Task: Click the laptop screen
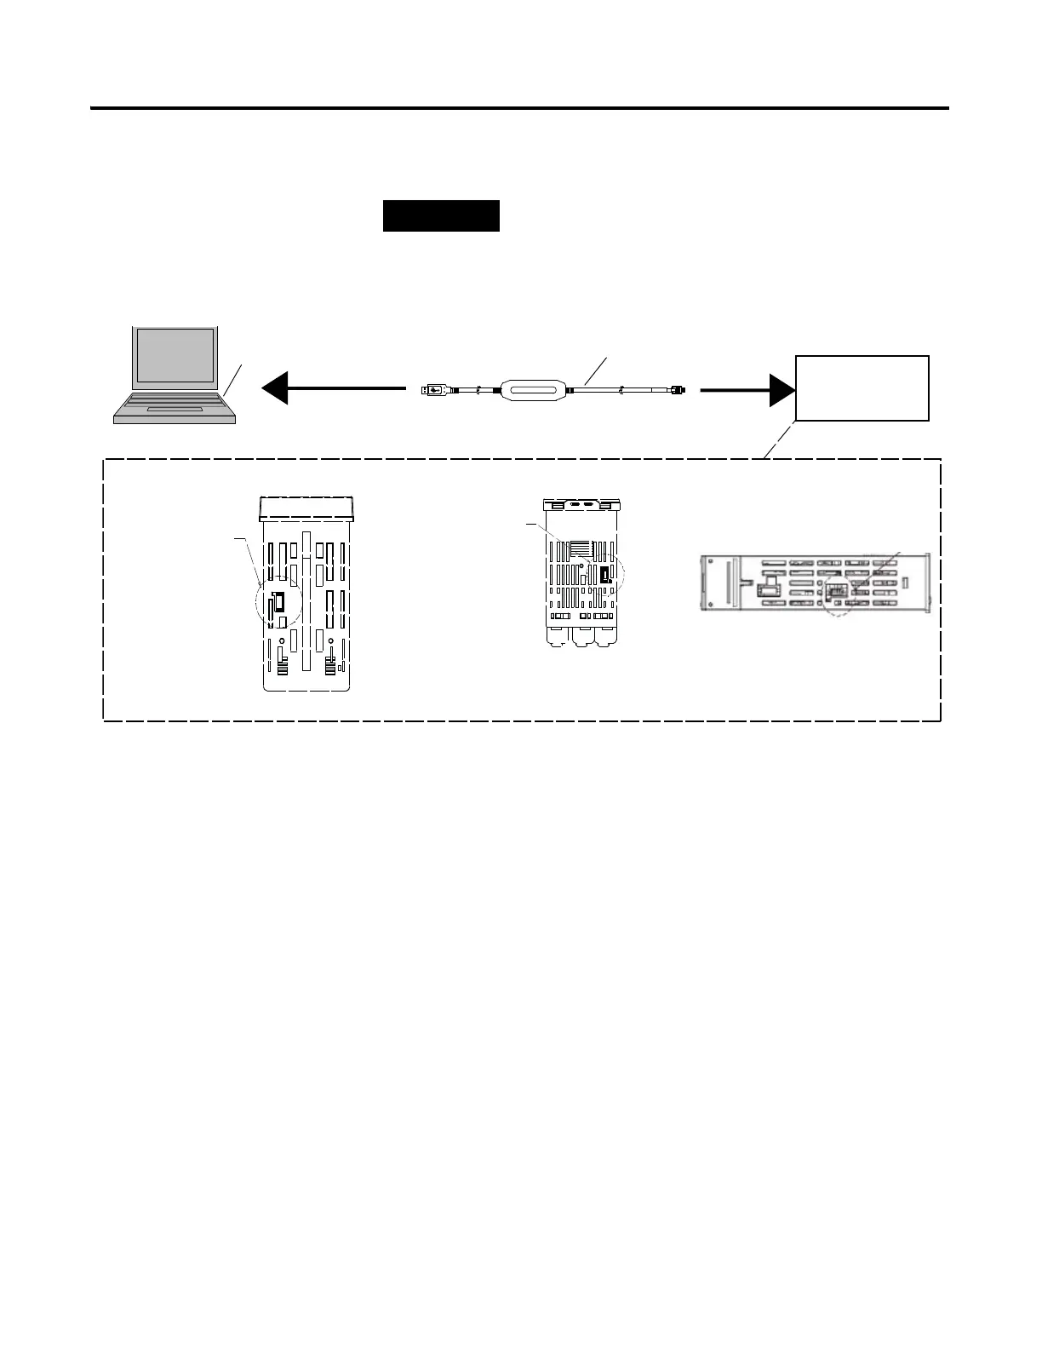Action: point(175,354)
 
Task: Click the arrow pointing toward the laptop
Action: point(332,389)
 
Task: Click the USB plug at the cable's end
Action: point(435,390)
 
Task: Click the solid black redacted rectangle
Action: point(441,216)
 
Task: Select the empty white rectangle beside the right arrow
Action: point(862,388)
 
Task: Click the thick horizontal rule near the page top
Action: point(519,108)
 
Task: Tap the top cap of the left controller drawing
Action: point(306,507)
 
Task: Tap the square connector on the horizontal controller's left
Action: point(769,588)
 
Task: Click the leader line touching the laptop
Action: point(233,379)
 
